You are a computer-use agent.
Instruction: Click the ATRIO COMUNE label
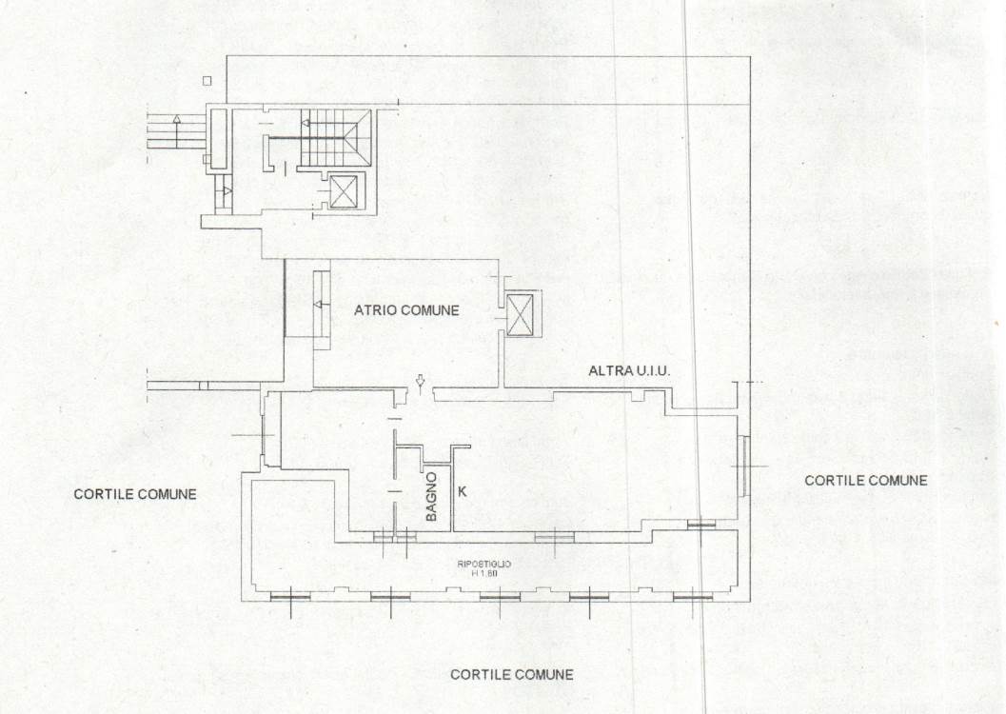[406, 310]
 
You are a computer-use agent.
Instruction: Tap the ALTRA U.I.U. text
[629, 370]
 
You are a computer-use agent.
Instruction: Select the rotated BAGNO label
[432, 497]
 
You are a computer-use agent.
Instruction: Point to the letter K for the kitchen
[462, 492]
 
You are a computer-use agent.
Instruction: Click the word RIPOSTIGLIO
[484, 564]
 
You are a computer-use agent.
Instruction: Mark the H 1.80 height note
[484, 573]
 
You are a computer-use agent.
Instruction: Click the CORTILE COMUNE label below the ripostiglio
[511, 674]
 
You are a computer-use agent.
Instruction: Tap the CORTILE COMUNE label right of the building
[865, 480]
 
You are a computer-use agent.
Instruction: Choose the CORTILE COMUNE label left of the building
[135, 494]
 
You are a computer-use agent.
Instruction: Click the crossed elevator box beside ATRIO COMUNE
[521, 314]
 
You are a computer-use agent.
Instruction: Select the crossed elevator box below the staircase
[345, 191]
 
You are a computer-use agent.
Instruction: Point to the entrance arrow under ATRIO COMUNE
[421, 383]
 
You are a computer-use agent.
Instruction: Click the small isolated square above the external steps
[207, 81]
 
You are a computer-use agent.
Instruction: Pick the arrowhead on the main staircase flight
[306, 123]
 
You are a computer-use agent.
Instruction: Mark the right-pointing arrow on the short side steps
[227, 191]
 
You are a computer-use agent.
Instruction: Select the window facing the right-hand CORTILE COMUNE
[743, 466]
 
